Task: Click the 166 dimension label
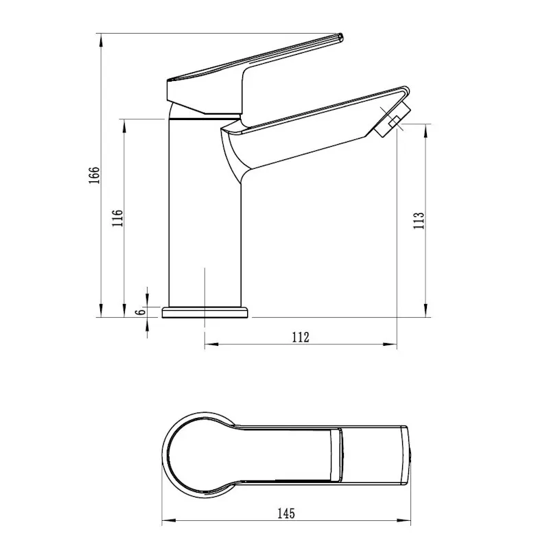click(x=94, y=175)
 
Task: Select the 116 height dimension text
click(x=117, y=218)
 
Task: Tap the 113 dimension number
click(x=419, y=220)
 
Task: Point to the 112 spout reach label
click(x=301, y=337)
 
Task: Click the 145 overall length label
click(x=286, y=513)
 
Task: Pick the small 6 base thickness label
click(x=141, y=312)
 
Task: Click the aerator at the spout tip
click(x=392, y=119)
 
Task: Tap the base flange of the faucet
click(x=205, y=312)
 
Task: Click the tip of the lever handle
click(x=340, y=37)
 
